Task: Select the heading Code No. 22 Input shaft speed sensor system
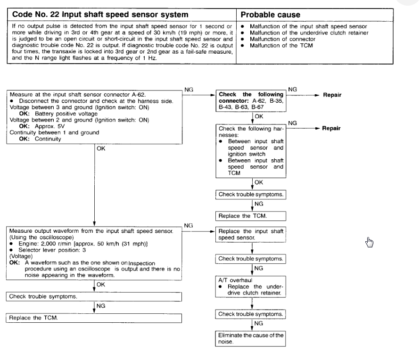[x=94, y=15]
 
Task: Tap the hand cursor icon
[x=370, y=243]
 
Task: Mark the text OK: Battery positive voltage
[x=52, y=113]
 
